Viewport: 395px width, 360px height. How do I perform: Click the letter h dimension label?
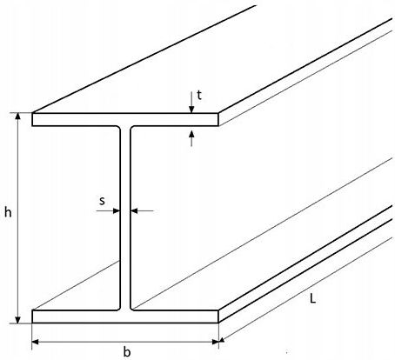(8, 212)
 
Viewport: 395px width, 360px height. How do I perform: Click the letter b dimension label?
(127, 351)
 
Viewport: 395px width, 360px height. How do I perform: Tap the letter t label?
(199, 95)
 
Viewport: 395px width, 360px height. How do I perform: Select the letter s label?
(102, 201)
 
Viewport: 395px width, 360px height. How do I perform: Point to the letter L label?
(312, 298)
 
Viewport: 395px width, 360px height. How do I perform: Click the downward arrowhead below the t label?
(191, 110)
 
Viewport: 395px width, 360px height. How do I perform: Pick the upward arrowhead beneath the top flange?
(191, 135)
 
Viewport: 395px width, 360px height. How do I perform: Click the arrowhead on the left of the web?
(116, 210)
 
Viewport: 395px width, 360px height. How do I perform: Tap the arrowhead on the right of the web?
(134, 210)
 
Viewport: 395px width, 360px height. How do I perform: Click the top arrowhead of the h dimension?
(18, 117)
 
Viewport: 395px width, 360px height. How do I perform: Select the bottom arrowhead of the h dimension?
(18, 319)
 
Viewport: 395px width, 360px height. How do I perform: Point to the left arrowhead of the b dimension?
(36, 342)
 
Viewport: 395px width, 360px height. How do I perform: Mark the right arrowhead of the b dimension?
(215, 342)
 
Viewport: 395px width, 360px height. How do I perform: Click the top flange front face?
(125, 119)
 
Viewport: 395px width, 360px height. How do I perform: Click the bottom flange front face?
(125, 317)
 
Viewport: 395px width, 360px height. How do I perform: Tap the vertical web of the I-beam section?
(125, 218)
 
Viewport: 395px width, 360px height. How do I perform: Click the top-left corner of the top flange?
(32, 113)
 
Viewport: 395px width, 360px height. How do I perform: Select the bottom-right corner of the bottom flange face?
(218, 323)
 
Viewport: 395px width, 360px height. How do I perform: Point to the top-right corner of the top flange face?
(218, 113)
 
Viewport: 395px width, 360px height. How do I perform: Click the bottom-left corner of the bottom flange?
(32, 323)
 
